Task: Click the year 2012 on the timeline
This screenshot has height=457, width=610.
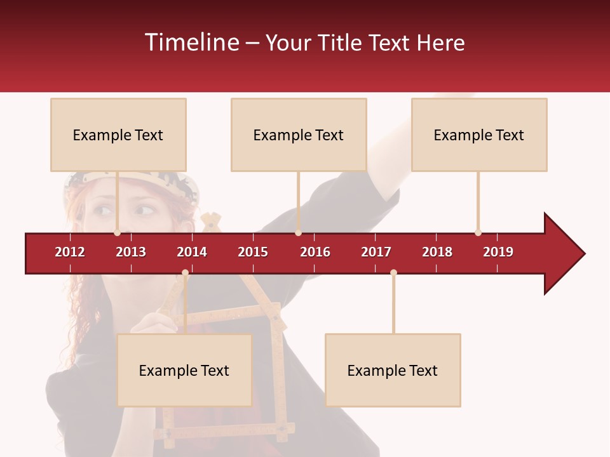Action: (70, 252)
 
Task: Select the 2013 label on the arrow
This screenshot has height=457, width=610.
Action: (131, 252)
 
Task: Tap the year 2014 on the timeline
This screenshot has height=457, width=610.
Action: (192, 252)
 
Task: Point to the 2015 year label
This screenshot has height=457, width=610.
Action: (253, 252)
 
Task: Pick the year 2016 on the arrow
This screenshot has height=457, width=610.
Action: (315, 252)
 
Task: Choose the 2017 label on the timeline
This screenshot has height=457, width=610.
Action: (376, 252)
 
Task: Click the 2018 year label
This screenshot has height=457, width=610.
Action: (437, 252)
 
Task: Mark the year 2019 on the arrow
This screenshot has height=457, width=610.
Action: (498, 252)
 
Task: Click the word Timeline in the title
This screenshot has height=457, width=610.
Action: (192, 43)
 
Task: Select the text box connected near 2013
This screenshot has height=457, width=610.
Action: (118, 135)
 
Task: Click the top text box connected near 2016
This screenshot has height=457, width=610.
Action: (299, 135)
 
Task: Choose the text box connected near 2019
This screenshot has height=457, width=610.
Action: (479, 135)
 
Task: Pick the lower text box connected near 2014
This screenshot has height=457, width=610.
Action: (184, 370)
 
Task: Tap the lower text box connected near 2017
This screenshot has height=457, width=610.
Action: (393, 370)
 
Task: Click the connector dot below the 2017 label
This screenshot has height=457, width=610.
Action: (393, 273)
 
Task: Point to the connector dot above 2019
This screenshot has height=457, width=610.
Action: (478, 232)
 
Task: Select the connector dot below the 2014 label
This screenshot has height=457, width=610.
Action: (185, 273)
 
